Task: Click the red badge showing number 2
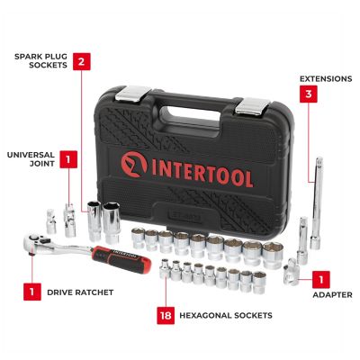coord(81,62)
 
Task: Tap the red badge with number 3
coord(308,93)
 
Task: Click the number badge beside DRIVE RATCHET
coord(31,292)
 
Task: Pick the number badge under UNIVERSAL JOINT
coord(67,160)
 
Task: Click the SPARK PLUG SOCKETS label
coord(38,62)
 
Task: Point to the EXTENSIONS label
coord(324,77)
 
